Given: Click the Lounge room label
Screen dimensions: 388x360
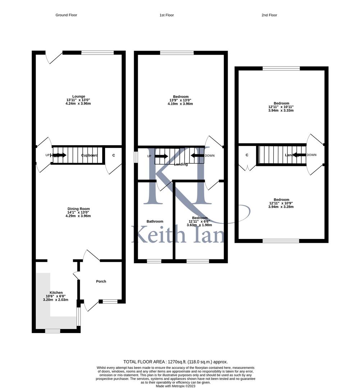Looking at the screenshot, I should pos(79,96).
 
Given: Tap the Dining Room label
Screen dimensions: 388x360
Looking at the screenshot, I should pos(79,209).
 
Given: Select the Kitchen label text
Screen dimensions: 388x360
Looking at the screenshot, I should pos(56,293).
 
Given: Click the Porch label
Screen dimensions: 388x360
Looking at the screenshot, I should pos(101,281).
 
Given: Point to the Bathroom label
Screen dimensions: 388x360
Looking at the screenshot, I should pos(155,222).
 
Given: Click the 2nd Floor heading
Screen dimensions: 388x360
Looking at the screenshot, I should pos(269,15).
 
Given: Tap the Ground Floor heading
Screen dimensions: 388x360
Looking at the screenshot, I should pos(66,15).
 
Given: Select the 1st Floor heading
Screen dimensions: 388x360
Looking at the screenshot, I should pos(167,15).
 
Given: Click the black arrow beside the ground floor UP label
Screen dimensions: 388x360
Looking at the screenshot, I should pos(60,155).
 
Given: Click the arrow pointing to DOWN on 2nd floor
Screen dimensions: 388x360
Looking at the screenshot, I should pos(300,155).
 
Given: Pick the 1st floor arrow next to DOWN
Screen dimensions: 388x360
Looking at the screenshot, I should pos(197,156).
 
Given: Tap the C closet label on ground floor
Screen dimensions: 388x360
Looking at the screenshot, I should pos(114,155).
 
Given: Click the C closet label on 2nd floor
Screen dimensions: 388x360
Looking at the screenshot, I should pos(247,155).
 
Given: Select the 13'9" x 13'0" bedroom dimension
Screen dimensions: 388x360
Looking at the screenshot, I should pos(181,100).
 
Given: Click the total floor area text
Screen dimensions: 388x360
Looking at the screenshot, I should pos(176,362).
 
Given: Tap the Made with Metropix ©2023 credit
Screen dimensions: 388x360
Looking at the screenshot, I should pos(176,386).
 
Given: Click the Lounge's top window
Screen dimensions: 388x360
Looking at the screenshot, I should pos(97,53).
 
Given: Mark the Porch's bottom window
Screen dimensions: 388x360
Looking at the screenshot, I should pos(110,301).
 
